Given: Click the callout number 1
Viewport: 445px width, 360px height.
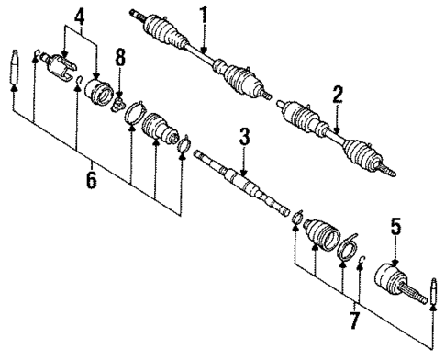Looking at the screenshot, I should pos(204,14).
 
